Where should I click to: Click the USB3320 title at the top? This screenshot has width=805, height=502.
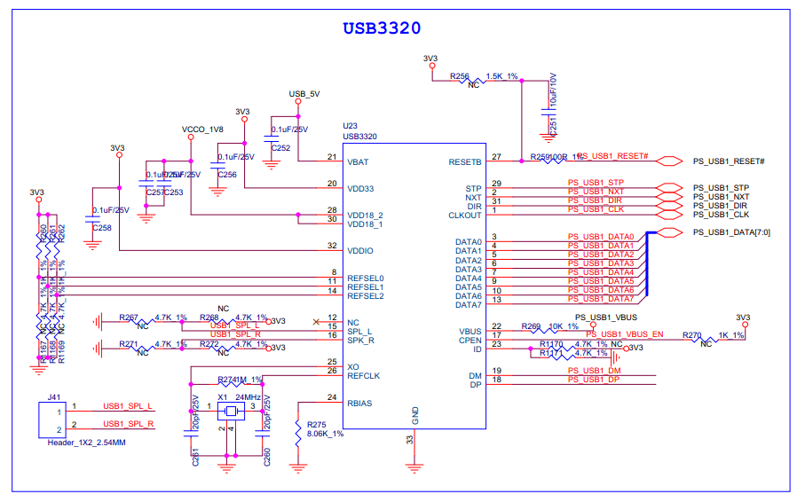pyautogui.click(x=382, y=27)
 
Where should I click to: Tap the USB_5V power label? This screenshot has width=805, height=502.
pyautogui.click(x=304, y=93)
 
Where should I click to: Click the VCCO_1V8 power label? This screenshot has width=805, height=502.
pyautogui.click(x=202, y=129)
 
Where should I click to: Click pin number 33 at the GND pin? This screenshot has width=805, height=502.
pyautogui.click(x=409, y=438)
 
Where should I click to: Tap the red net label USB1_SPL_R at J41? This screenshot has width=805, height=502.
pyautogui.click(x=129, y=424)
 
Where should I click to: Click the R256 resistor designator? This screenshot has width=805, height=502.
pyautogui.click(x=459, y=77)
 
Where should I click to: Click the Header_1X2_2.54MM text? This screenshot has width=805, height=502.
pyautogui.click(x=86, y=441)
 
